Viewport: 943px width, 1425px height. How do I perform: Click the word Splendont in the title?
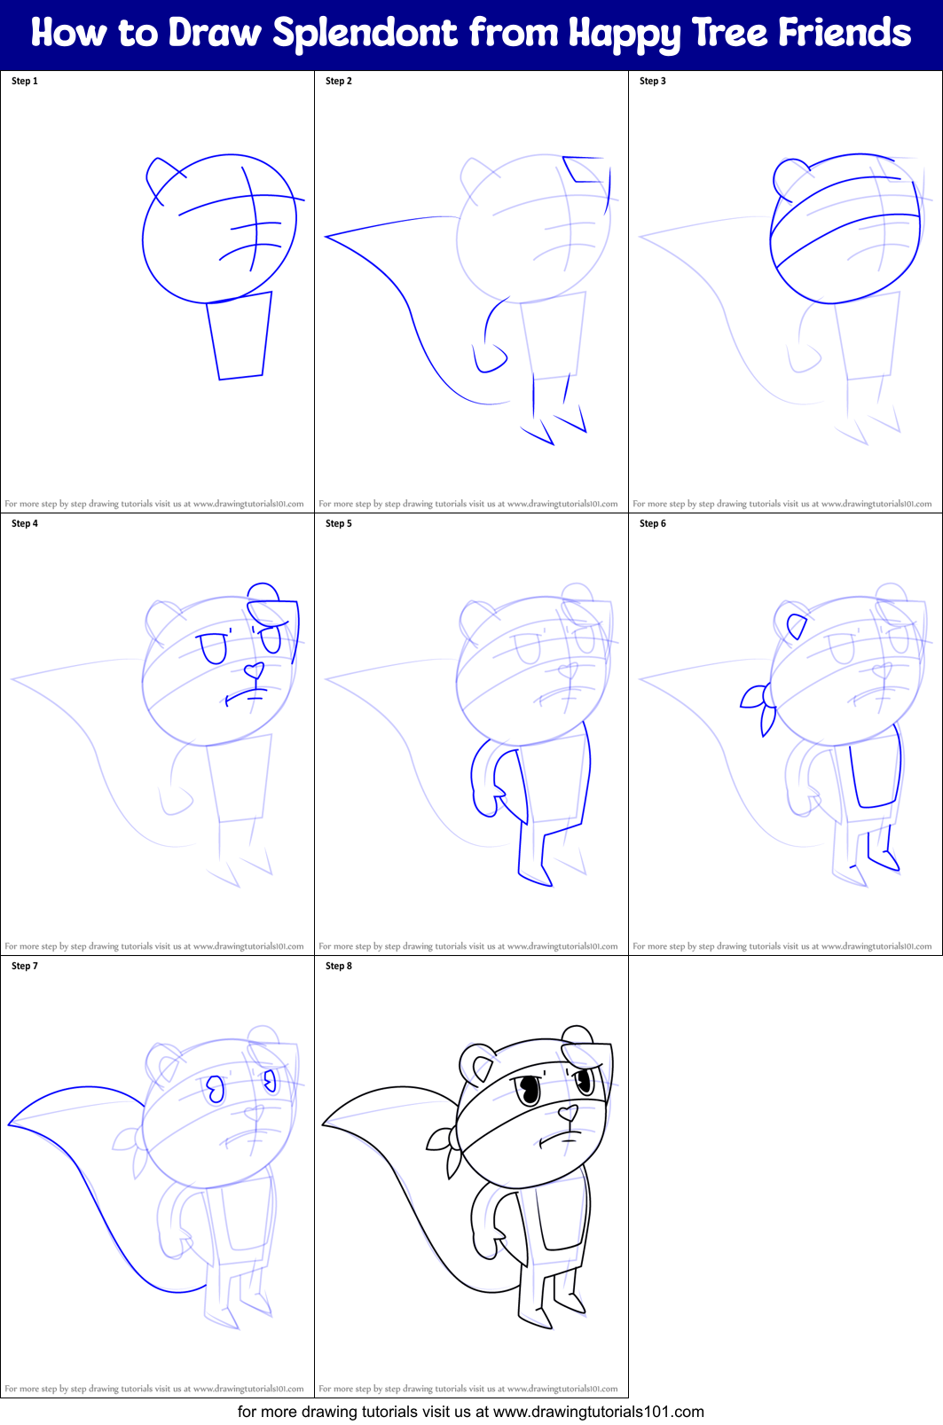pos(365,33)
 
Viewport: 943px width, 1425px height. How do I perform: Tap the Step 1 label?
pos(25,81)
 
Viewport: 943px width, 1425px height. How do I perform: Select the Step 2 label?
pos(339,81)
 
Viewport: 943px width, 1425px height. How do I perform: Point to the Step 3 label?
pos(653,81)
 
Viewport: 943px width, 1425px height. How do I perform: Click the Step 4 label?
pos(25,523)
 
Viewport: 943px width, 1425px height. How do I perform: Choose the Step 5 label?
pos(339,523)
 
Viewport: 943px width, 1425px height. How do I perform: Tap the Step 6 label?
pos(653,523)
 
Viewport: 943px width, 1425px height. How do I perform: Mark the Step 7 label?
pos(25,966)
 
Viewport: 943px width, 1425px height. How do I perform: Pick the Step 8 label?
pos(339,966)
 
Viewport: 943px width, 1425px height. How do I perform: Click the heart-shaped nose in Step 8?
pos(568,1111)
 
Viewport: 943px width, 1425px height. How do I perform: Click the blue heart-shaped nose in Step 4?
pos(255,669)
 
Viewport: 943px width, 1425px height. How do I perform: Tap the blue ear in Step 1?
pos(160,174)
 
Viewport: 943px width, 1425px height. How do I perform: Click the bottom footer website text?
pos(471,1411)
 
